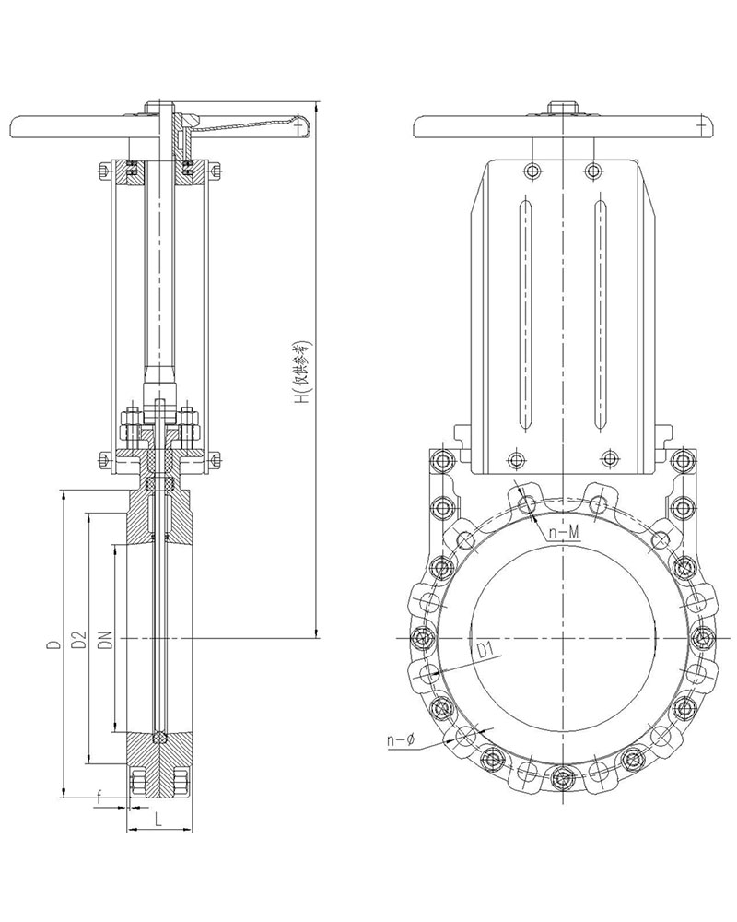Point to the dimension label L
[x=158, y=818]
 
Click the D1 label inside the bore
[x=485, y=652]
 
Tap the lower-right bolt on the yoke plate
[x=608, y=457]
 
